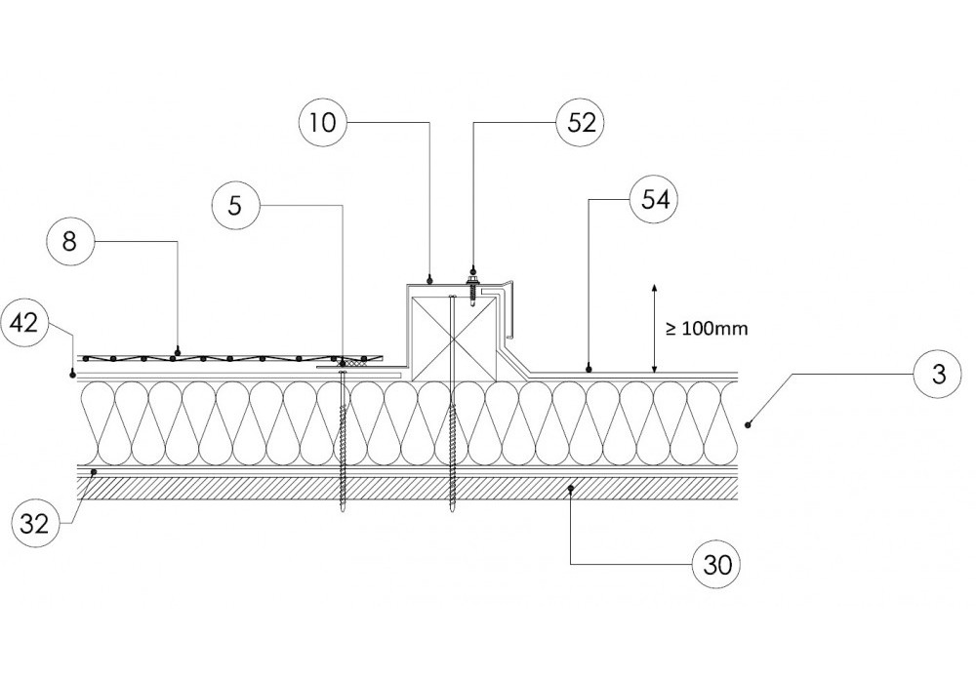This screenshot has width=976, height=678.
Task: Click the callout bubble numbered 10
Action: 323,123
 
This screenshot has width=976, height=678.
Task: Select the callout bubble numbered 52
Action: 582,123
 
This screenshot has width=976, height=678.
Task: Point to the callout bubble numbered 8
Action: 68,242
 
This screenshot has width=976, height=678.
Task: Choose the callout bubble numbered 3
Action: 938,375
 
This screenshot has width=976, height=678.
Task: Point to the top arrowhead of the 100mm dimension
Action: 654,286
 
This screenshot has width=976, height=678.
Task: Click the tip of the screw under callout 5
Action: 343,509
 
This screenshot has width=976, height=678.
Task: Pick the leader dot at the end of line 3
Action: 749,423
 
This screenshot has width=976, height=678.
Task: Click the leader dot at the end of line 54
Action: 589,369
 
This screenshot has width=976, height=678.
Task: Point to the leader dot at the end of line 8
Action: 177,349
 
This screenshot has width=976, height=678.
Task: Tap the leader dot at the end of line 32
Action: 94,471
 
